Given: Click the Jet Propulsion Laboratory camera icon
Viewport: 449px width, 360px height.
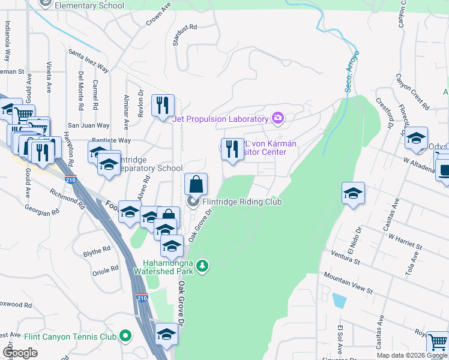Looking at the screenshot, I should pyautogui.click(x=277, y=117).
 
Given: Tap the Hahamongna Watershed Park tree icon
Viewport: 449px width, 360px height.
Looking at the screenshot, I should pyautogui.click(x=203, y=265).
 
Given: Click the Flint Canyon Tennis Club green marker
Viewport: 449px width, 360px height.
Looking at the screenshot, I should pyautogui.click(x=125, y=336).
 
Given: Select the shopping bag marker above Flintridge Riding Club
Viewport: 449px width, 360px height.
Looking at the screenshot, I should pyautogui.click(x=196, y=184).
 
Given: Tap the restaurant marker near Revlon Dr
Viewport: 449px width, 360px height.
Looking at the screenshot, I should pyautogui.click(x=162, y=106).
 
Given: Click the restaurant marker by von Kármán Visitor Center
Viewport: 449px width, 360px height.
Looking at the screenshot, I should pyautogui.click(x=232, y=149).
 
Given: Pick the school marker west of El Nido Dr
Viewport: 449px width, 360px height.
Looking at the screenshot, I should pyautogui.click(x=353, y=194).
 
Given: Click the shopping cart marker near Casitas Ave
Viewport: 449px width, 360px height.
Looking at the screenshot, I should pyautogui.click(x=438, y=343).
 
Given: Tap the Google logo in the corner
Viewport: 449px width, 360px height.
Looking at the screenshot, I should pyautogui.click(x=20, y=353).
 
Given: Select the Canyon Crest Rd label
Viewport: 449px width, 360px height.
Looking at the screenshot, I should pyautogui.click(x=412, y=92).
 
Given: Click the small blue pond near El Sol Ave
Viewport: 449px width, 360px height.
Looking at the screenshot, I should pyautogui.click(x=339, y=301).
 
